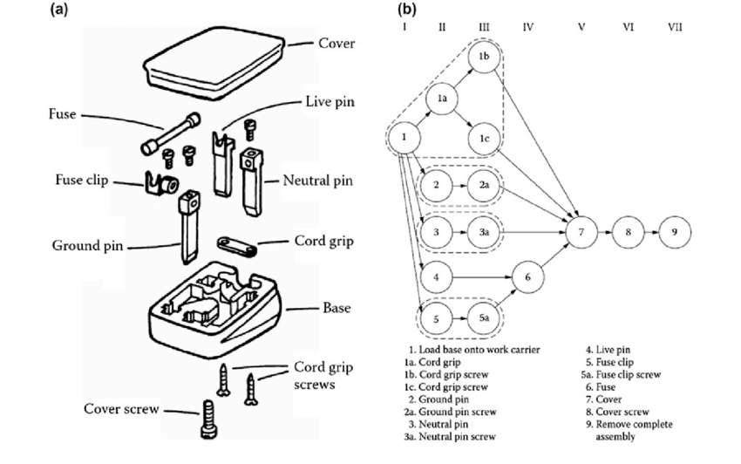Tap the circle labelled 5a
click(x=486, y=319)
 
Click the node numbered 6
click(x=527, y=276)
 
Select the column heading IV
click(x=527, y=27)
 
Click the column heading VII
click(x=675, y=27)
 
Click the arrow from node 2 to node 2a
click(x=462, y=186)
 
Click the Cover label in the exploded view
click(x=336, y=43)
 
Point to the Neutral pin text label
click(x=316, y=181)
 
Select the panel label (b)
click(x=406, y=10)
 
